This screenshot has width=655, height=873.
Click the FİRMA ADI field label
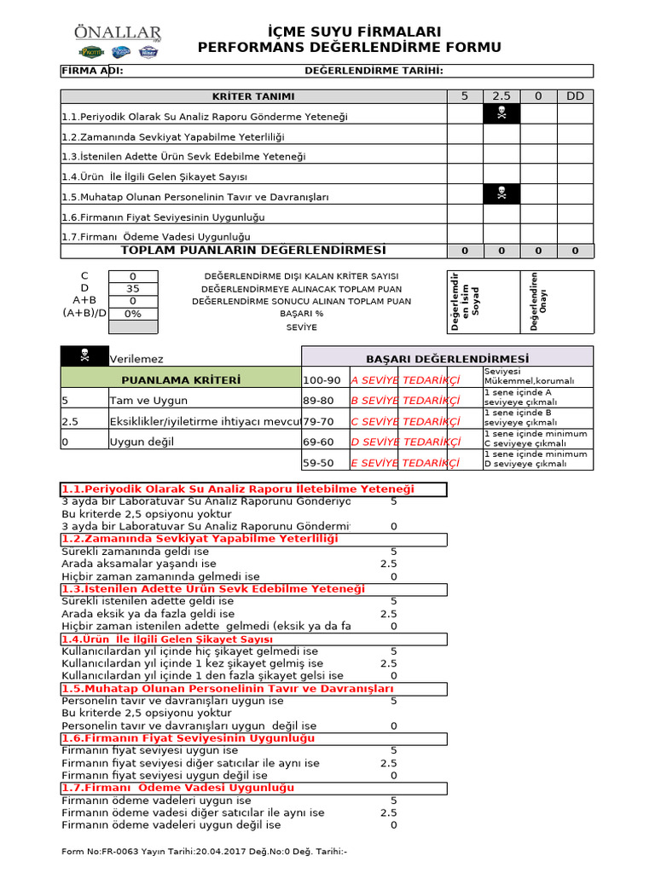coord(92,71)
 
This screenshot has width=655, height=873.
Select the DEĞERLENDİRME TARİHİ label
coord(374,71)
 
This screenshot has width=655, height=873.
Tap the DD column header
coord(575,96)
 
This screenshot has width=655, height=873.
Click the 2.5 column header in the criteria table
coord(501,96)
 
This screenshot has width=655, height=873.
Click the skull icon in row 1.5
coord(501,195)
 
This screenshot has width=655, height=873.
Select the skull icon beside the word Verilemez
coord(84,358)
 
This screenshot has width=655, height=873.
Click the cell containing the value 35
coord(132,288)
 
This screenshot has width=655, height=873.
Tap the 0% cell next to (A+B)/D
coord(132,313)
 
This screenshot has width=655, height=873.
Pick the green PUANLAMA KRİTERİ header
coord(181,379)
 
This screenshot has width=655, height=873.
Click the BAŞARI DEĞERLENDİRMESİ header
coord(447,359)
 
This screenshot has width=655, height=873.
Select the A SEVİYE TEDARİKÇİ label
coord(405,380)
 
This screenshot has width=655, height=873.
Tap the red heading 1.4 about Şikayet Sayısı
coord(167,639)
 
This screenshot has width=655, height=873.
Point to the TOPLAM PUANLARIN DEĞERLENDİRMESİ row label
coord(253,250)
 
